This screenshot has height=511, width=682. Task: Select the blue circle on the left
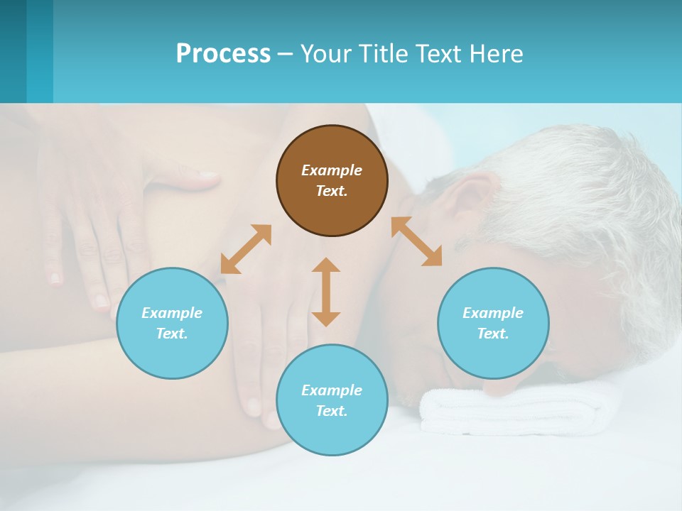click(x=172, y=323)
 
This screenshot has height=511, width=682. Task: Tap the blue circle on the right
click(x=493, y=323)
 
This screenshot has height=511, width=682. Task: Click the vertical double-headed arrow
click(x=326, y=292)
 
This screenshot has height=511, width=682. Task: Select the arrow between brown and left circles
click(x=246, y=249)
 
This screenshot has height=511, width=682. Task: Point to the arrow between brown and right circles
click(x=416, y=241)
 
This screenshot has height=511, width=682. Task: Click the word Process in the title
click(x=223, y=54)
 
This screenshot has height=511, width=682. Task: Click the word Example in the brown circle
click(x=332, y=170)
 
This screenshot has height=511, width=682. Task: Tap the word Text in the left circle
click(x=172, y=334)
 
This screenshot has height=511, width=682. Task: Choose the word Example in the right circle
click(x=493, y=313)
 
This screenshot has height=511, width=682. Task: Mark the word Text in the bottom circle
click(x=332, y=411)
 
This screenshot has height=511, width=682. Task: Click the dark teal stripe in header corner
click(x=13, y=51)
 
